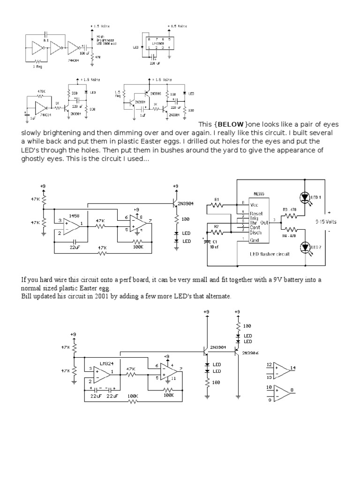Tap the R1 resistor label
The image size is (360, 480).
tap(217, 199)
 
